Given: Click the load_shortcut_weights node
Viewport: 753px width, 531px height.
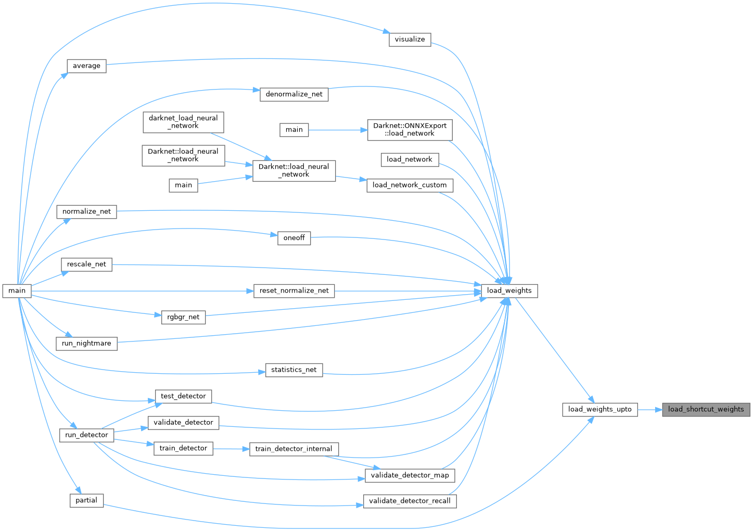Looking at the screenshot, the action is pyautogui.click(x=706, y=410).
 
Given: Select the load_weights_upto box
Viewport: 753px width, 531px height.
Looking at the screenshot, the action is pyautogui.click(x=599, y=410).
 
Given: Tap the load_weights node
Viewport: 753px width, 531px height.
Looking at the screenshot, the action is pyautogui.click(x=509, y=291).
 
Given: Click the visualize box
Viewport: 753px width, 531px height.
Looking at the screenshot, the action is pyautogui.click(x=410, y=40).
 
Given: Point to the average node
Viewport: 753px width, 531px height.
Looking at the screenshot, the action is pyautogui.click(x=87, y=66).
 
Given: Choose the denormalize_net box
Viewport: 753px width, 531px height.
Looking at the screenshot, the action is pyautogui.click(x=294, y=95).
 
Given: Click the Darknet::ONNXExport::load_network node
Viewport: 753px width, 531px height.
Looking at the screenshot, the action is pyautogui.click(x=410, y=130).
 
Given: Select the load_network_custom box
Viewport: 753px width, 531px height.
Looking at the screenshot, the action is pyautogui.click(x=410, y=185).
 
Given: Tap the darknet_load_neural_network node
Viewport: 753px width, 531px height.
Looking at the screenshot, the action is pyautogui.click(x=183, y=122).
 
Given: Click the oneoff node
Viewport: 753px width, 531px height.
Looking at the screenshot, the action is pyautogui.click(x=294, y=238).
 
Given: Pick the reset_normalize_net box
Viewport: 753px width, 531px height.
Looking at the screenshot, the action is pyautogui.click(x=294, y=291).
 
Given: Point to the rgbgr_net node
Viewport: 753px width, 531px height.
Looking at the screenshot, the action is pyautogui.click(x=183, y=317).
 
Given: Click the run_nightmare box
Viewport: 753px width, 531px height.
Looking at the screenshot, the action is pyautogui.click(x=87, y=344).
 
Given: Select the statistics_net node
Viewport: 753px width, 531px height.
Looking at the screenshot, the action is pyautogui.click(x=294, y=370).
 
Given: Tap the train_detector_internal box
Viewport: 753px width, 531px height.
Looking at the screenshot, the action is pyautogui.click(x=294, y=449).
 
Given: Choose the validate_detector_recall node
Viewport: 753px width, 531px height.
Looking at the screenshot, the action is pyautogui.click(x=410, y=501).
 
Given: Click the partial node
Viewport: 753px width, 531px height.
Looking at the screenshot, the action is pyautogui.click(x=86, y=500).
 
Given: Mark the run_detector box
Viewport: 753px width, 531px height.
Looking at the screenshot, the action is pyautogui.click(x=87, y=435).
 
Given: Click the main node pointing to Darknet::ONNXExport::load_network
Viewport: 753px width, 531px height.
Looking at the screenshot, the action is pyautogui.click(x=294, y=130).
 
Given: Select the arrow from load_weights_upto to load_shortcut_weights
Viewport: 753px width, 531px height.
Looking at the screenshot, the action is pyautogui.click(x=650, y=410).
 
